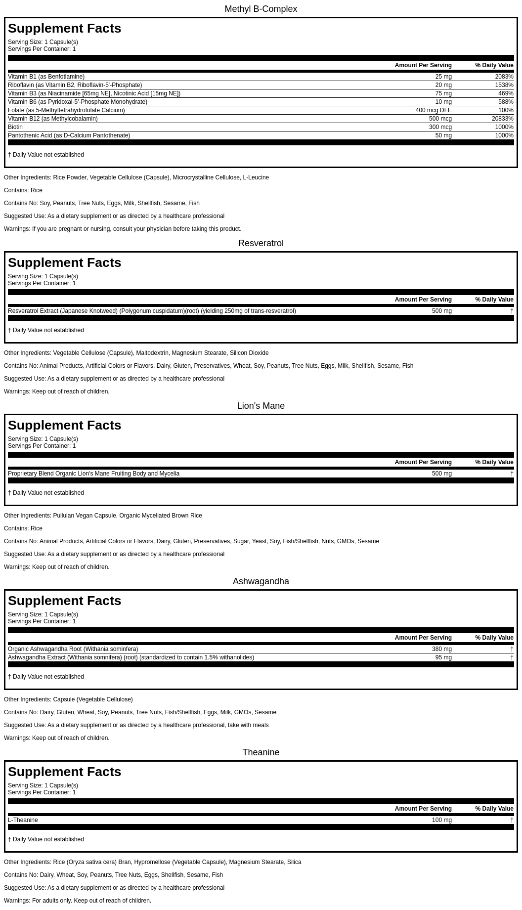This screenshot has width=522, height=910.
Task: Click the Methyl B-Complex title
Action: click(261, 9)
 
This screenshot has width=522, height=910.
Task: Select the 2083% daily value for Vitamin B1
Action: click(504, 77)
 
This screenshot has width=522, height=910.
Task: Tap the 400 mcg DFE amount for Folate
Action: click(433, 110)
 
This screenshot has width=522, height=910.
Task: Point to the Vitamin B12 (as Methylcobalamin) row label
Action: click(53, 119)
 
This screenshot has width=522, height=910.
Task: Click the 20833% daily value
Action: click(502, 119)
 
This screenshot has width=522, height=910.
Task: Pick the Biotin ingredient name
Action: click(15, 127)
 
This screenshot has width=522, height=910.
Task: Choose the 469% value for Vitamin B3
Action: click(506, 93)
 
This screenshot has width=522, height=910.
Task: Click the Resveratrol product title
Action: click(261, 243)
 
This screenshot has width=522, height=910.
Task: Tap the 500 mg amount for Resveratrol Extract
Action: click(441, 311)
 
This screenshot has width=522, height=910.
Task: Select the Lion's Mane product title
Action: click(261, 406)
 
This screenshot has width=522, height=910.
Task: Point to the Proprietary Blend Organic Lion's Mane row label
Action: click(93, 474)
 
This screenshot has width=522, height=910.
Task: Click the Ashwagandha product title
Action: click(261, 581)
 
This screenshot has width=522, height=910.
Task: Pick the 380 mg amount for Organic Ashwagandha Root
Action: click(441, 649)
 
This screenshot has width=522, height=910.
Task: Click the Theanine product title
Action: click(261, 752)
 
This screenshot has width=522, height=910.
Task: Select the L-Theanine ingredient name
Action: click(23, 820)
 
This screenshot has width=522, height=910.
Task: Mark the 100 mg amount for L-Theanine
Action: click(441, 820)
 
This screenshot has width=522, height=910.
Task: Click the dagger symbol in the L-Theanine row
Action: click(512, 820)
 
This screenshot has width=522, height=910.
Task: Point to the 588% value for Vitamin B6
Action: click(506, 102)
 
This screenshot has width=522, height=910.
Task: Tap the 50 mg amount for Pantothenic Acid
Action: click(443, 135)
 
